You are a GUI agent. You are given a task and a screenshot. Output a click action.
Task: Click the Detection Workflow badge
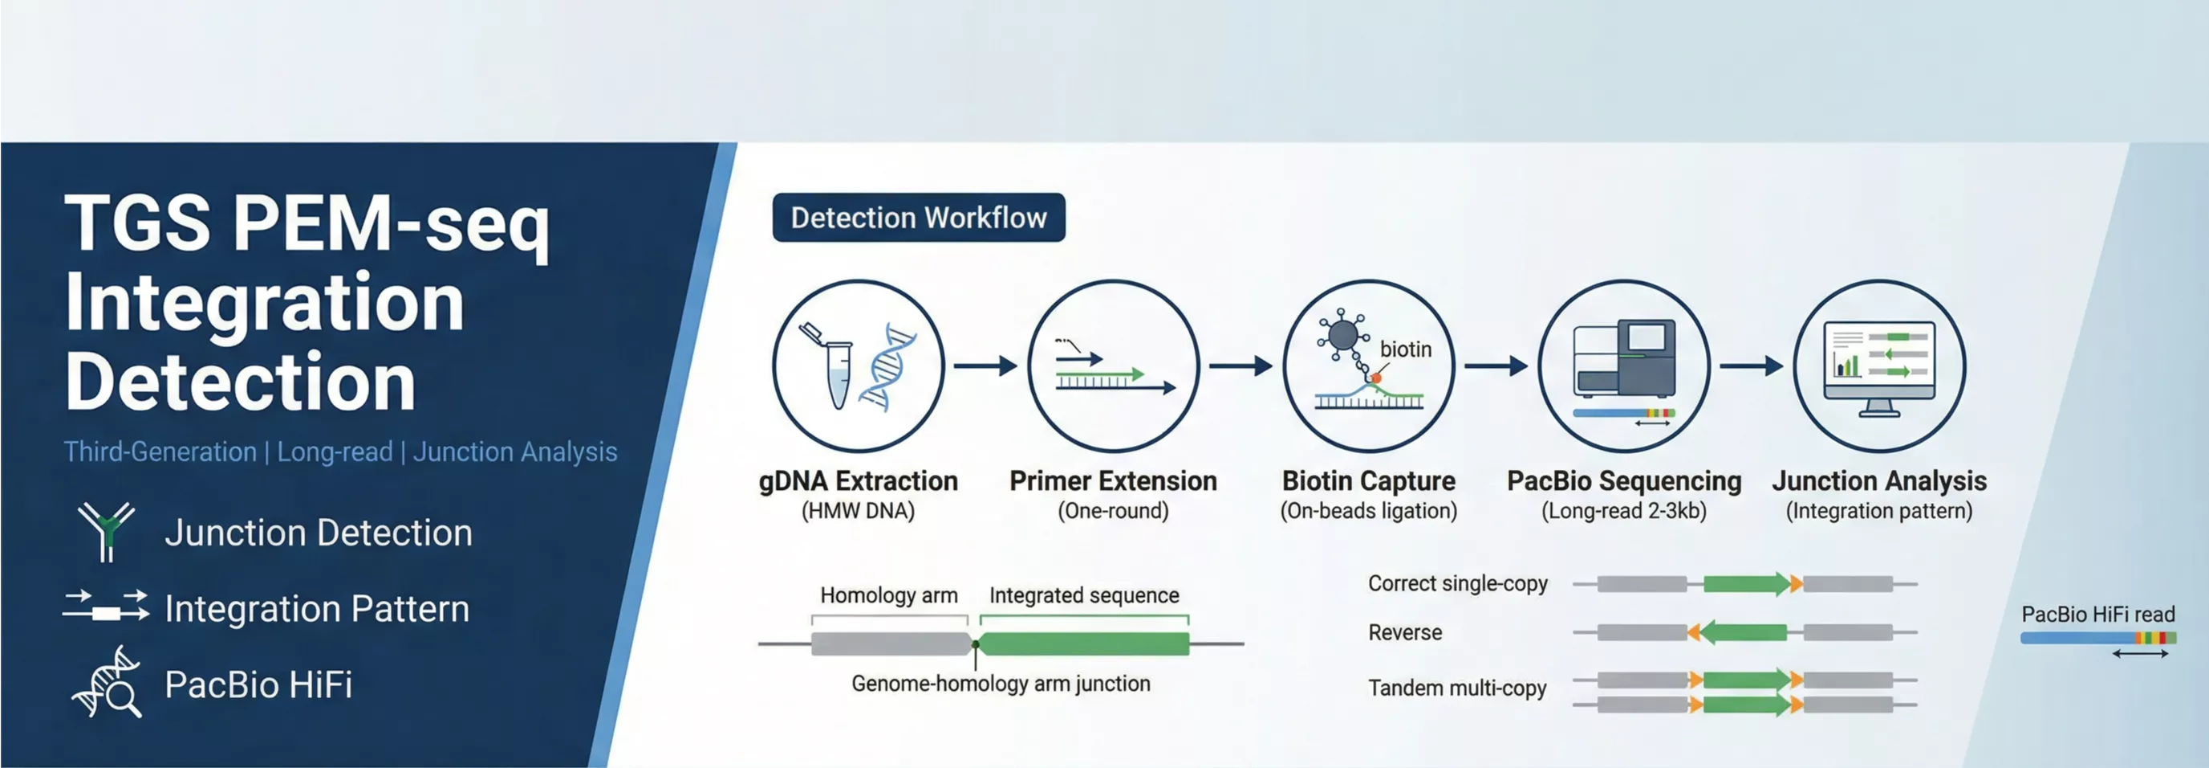click(919, 218)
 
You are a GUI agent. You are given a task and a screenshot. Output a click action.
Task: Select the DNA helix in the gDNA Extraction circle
click(888, 368)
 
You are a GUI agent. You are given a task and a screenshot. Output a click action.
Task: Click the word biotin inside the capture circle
click(1406, 349)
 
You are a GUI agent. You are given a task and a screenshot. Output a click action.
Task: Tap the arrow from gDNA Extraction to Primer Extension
click(985, 366)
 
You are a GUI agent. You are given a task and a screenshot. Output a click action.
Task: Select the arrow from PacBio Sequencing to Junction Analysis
click(1752, 366)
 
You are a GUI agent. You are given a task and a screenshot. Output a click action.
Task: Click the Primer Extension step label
click(1113, 481)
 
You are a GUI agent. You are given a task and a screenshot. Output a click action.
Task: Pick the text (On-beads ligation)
click(1369, 512)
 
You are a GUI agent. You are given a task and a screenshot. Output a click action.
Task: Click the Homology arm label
click(888, 595)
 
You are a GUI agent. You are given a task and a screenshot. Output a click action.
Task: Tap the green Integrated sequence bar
click(1084, 643)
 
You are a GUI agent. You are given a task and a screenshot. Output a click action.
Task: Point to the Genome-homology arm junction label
click(1001, 684)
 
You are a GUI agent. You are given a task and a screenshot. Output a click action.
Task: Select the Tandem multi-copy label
click(1457, 688)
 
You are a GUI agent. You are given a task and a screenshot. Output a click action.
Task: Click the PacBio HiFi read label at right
click(2097, 615)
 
